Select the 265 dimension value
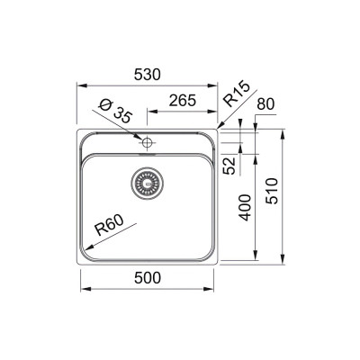[184, 103]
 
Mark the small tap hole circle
[147, 141]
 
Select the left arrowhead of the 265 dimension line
[149, 113]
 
